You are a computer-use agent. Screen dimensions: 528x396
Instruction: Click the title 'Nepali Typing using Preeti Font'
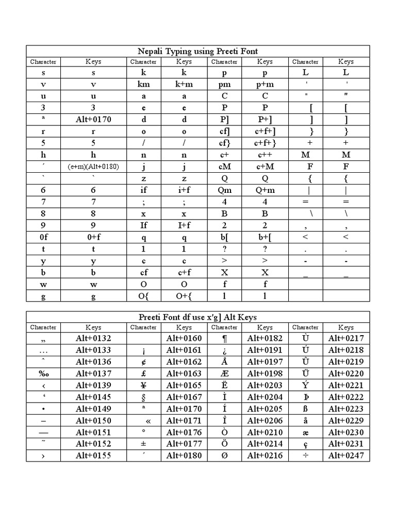pos(198,51)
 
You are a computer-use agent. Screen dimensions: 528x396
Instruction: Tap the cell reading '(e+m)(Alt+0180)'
pos(93,167)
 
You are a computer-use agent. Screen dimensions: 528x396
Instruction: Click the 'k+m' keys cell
pos(184,85)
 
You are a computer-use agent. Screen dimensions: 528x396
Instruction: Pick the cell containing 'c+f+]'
pos(265,131)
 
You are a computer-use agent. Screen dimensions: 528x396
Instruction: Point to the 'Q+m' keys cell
pos(265,190)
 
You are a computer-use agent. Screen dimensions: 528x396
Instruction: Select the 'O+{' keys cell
pos(184,295)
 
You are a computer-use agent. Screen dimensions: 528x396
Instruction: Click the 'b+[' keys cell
pos(265,237)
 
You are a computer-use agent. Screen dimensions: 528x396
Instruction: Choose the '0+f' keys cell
pos(93,237)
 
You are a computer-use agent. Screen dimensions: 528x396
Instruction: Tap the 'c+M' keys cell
pos(265,167)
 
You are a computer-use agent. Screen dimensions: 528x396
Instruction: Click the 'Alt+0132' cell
pos(93,338)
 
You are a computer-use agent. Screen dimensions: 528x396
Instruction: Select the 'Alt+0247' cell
pos(346,455)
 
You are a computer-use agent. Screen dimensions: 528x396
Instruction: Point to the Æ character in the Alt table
pos(224,373)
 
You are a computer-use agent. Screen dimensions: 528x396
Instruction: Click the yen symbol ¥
pos(143,385)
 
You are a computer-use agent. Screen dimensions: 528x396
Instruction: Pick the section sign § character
pos(143,397)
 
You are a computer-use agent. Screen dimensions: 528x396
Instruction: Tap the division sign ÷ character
pos(305,455)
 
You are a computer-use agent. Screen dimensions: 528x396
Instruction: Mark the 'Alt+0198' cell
pos(265,373)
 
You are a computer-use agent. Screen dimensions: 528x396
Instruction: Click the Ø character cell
pos(224,455)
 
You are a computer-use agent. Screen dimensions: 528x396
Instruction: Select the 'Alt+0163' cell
pos(184,373)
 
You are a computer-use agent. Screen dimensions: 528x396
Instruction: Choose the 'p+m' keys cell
pos(265,85)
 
